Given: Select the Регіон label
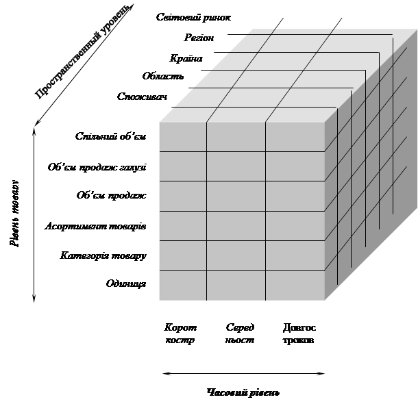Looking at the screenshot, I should click(x=199, y=38).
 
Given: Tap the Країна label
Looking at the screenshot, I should click(x=186, y=59).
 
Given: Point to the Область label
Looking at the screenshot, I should click(x=163, y=76).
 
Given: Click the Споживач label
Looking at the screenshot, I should click(x=143, y=97).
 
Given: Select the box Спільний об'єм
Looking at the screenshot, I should click(x=94, y=136).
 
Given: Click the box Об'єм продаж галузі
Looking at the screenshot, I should click(x=94, y=166).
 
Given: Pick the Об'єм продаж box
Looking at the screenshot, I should click(x=94, y=196).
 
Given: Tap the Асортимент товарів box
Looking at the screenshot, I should click(x=94, y=225).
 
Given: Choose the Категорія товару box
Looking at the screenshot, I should click(x=94, y=256).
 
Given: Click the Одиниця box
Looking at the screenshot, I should click(x=94, y=284).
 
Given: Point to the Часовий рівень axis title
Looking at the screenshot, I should click(x=243, y=393).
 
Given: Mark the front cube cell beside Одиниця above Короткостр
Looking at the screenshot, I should click(x=183, y=285).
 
